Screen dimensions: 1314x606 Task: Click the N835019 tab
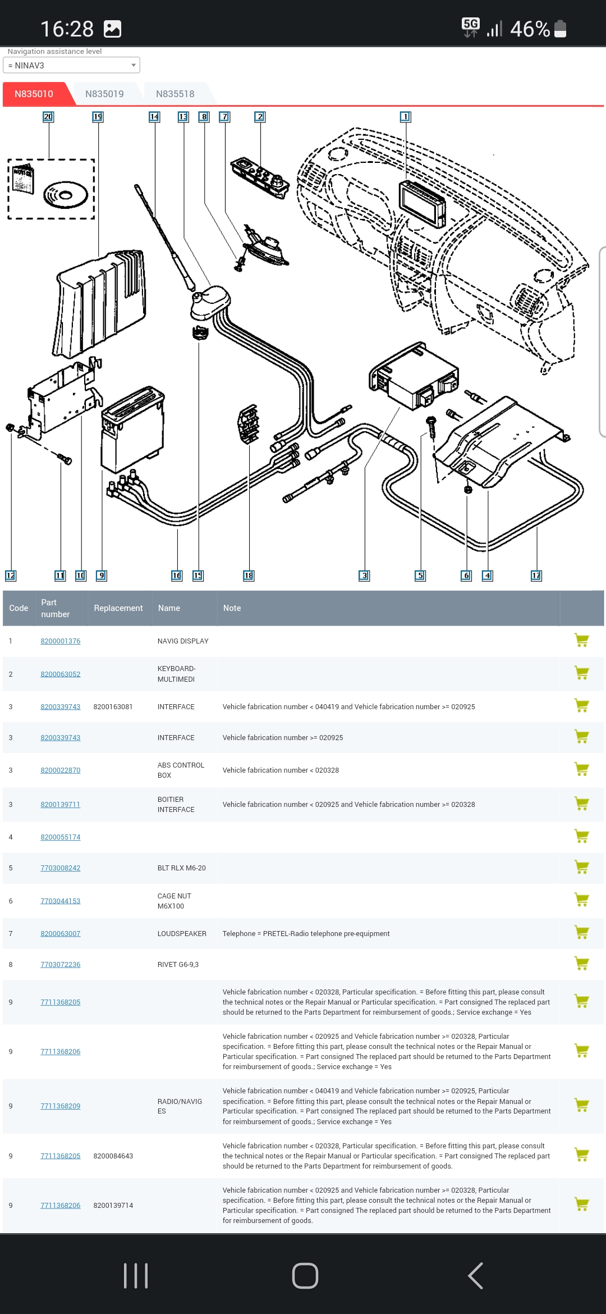104,94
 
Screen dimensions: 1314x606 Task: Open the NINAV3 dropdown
71,65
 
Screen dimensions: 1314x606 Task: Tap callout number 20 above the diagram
48,117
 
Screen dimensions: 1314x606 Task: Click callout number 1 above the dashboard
405,117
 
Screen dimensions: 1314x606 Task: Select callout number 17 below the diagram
536,576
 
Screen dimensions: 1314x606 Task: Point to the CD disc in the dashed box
66,195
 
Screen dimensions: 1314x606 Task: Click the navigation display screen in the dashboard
422,204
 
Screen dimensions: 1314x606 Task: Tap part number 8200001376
61,641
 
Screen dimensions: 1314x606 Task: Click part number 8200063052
61,674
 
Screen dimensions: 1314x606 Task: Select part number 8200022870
61,770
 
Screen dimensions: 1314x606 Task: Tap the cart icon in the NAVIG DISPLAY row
582,640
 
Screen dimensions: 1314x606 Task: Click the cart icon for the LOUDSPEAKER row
582,933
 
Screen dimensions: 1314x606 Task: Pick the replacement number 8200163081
113,707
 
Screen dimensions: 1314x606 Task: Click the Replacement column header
118,608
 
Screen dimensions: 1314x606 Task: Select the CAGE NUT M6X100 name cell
175,901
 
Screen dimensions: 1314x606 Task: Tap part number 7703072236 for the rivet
61,965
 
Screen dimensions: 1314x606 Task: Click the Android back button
476,1276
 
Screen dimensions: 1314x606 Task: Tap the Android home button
305,1276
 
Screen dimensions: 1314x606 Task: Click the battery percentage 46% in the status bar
530,29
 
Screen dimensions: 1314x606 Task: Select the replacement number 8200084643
113,1156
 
